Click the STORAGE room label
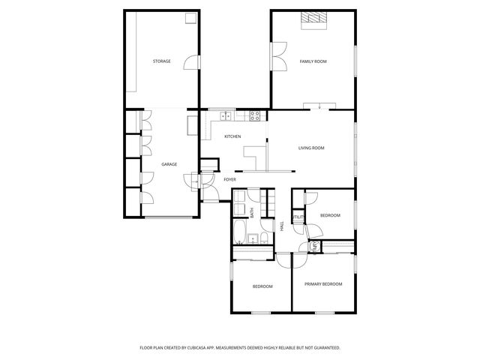(x=161, y=61)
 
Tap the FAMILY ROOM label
(x=313, y=61)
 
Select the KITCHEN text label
(x=232, y=136)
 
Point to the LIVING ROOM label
(x=310, y=148)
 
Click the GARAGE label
(x=169, y=164)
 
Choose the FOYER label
(x=229, y=180)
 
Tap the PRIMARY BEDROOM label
(x=323, y=283)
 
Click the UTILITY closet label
(x=298, y=217)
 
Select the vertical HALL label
(x=282, y=225)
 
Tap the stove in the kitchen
(x=254, y=115)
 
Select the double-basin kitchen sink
(x=226, y=115)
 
